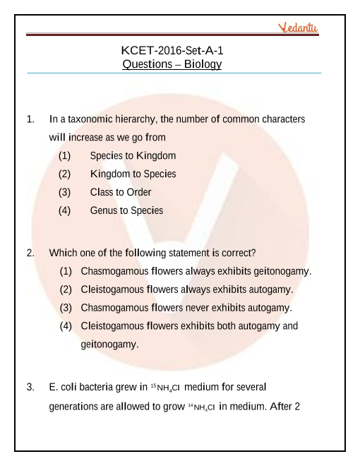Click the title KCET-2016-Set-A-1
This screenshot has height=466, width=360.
tap(172, 50)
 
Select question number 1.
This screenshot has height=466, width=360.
tap(30, 119)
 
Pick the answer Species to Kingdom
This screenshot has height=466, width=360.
tap(133, 155)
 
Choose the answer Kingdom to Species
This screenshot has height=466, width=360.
tap(133, 174)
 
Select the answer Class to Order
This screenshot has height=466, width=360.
tap(121, 192)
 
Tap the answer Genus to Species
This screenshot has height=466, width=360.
tap(126, 210)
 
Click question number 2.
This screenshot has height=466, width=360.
tap(30, 252)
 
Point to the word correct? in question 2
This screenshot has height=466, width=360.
tap(238, 252)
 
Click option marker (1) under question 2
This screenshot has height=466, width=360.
tap(66, 271)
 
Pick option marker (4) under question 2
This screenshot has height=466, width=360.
tap(66, 326)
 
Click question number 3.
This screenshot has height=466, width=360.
tap(30, 387)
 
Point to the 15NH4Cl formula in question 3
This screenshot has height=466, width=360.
tap(166, 388)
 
